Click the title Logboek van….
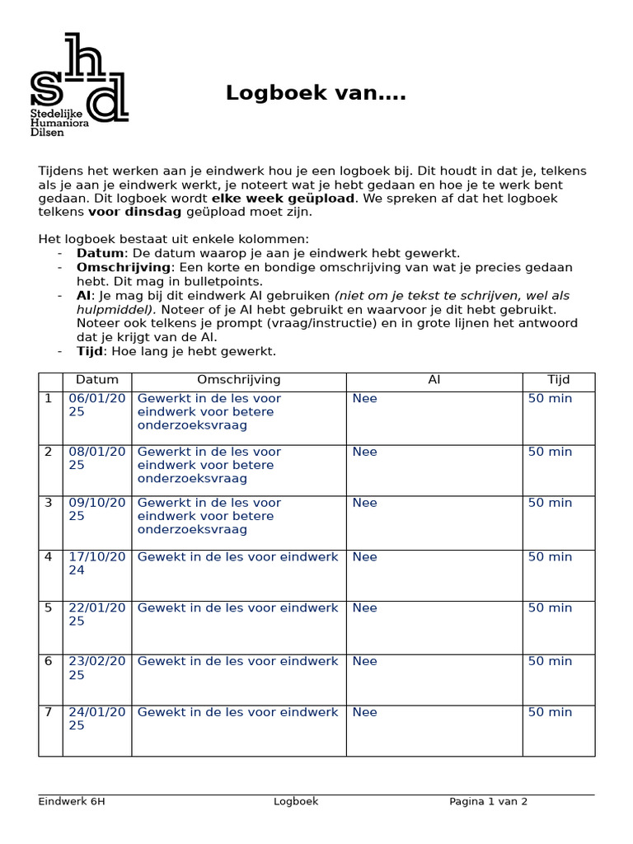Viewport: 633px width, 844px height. pos(316,94)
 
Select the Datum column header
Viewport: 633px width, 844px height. pos(97,380)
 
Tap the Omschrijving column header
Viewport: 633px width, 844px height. pos(239,380)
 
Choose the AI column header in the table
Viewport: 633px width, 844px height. pos(434,380)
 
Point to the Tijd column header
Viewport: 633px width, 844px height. pos(558,380)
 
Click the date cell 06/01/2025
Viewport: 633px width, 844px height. pos(97,405)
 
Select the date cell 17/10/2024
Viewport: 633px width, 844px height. pos(97,563)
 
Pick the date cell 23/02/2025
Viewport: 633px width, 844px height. pos(97,668)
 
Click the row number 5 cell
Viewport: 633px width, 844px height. pos(49,608)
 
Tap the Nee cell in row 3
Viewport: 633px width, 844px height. pos(364,503)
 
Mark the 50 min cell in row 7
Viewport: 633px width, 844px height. pos(550,712)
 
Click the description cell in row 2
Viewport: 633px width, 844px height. pos(209,465)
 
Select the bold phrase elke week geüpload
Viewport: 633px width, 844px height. pos(283,199)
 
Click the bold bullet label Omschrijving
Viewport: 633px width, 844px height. pos(123,268)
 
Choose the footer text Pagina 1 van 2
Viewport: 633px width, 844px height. pos(488,801)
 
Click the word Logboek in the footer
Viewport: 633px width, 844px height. pos(296,801)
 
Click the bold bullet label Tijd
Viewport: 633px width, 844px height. pos(90,351)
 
